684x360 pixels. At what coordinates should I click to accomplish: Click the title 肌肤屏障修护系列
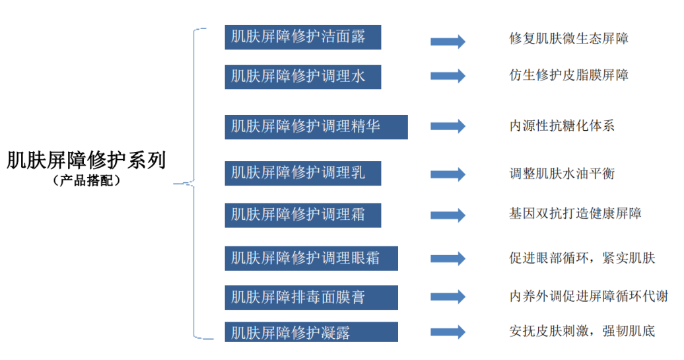pyautogui.click(x=86, y=161)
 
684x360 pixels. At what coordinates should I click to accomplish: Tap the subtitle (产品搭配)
pyautogui.click(x=86, y=180)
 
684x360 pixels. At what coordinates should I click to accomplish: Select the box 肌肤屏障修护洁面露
pyautogui.click(x=302, y=37)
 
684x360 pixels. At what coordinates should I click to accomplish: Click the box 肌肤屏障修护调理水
pyautogui.click(x=302, y=77)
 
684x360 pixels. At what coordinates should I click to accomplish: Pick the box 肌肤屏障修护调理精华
pyautogui.click(x=316, y=126)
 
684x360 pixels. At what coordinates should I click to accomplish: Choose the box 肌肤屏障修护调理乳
pyautogui.click(x=302, y=173)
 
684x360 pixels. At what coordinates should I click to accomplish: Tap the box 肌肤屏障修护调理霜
pyautogui.click(x=302, y=215)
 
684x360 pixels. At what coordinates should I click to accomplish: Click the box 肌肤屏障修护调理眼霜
pyautogui.click(x=311, y=258)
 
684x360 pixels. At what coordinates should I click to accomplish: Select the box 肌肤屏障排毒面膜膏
pyautogui.click(x=311, y=297)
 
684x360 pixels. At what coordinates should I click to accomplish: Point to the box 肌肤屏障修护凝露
pyautogui.click(x=311, y=332)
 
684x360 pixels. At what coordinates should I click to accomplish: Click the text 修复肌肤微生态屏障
pyautogui.click(x=568, y=38)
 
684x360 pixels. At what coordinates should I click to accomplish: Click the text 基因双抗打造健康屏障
pyautogui.click(x=575, y=213)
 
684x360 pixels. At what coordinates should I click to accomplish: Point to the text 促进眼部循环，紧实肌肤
pyautogui.click(x=582, y=258)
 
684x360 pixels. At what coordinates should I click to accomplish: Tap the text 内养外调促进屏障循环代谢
pyautogui.click(x=588, y=297)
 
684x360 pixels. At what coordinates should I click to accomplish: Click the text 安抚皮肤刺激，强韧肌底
pyautogui.click(x=582, y=331)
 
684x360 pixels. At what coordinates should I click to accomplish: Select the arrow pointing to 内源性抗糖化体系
pyautogui.click(x=448, y=126)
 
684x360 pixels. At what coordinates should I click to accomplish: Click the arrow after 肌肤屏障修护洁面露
pyautogui.click(x=448, y=42)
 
